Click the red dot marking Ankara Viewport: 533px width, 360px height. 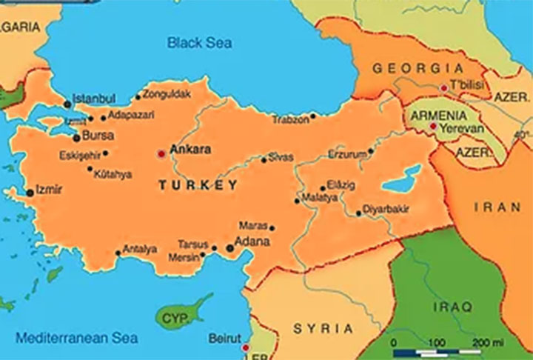(x=162, y=154)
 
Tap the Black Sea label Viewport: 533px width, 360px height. (x=198, y=43)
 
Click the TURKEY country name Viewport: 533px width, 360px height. (x=198, y=185)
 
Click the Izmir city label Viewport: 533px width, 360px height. (x=49, y=190)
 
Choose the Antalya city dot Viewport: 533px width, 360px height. (x=118, y=253)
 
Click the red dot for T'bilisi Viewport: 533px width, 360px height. (x=443, y=87)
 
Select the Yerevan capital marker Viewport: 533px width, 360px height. (x=432, y=127)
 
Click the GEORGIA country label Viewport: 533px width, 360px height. (x=409, y=68)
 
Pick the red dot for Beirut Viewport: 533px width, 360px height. (x=245, y=346)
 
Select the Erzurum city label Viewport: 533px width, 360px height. (x=347, y=155)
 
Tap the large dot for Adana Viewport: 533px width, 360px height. (x=230, y=249)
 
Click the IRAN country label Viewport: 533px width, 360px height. (x=497, y=208)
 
